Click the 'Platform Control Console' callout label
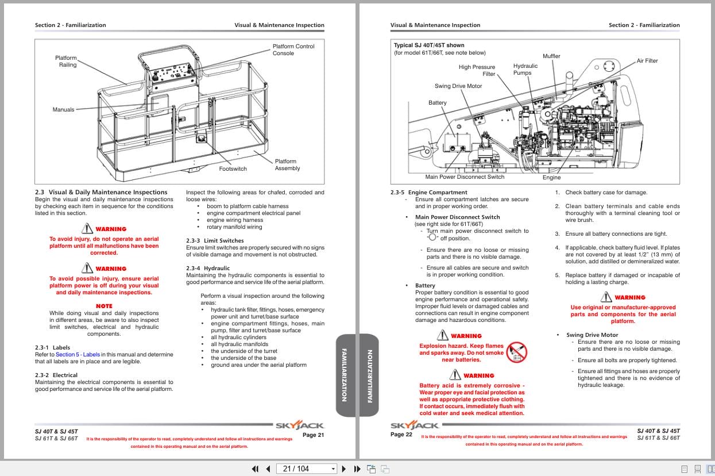[293, 50]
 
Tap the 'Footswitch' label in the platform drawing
[233, 169]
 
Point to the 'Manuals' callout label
[63, 110]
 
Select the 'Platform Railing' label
[66, 62]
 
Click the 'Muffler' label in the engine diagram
[551, 56]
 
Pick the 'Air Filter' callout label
[647, 61]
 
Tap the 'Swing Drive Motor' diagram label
[458, 86]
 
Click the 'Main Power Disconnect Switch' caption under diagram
[465, 177]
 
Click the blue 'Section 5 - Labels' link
[78, 355]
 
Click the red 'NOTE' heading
[104, 306]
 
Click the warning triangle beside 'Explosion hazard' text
[442, 336]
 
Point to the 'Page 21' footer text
[313, 435]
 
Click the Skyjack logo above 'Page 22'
[415, 426]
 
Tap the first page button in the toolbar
[256, 469]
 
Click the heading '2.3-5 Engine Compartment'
[428, 193]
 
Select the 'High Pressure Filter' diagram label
[477, 71]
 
